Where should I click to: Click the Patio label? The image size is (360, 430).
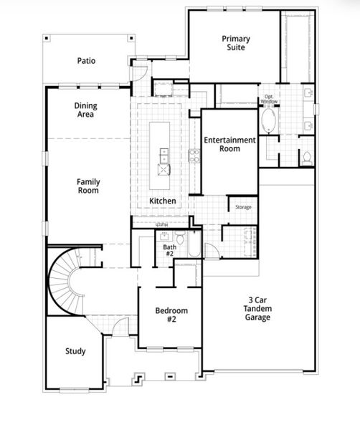[x=86, y=61]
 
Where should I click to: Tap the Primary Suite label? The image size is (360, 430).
[x=235, y=42]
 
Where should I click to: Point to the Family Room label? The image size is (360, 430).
[x=87, y=186]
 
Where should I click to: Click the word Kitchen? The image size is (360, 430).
[x=163, y=201]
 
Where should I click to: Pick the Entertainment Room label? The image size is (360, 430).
[x=229, y=144]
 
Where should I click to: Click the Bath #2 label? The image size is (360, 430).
[x=169, y=250]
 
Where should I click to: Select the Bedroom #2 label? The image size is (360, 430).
[x=171, y=315]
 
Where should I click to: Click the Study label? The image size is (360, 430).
[x=75, y=351]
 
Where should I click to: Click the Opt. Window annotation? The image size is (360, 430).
[x=270, y=98]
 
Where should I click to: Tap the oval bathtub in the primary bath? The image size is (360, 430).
[x=270, y=121]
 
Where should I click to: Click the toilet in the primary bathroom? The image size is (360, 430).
[x=306, y=157]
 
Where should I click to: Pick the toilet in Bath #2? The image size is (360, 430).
[x=182, y=239]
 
